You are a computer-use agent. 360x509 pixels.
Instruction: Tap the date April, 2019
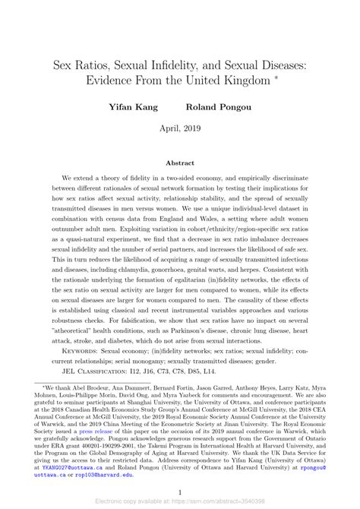pyautogui.click(x=180, y=130)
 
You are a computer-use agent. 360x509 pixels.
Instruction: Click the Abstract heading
pyautogui.click(x=180, y=163)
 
